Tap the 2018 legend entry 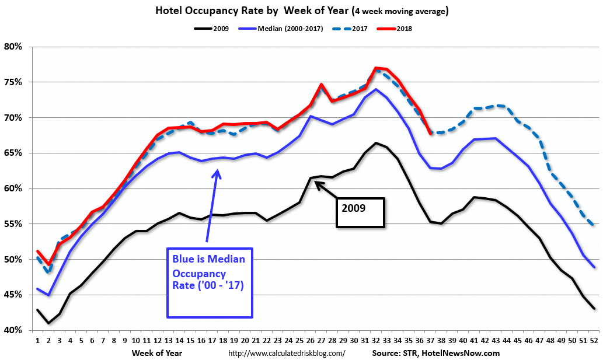pos(403,29)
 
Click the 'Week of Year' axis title pos(156,353)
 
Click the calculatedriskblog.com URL pos(287,353)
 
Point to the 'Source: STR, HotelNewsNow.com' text pos(435,353)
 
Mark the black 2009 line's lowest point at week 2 pos(48,323)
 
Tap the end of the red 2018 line pos(430,134)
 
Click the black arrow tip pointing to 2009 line pos(316,183)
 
